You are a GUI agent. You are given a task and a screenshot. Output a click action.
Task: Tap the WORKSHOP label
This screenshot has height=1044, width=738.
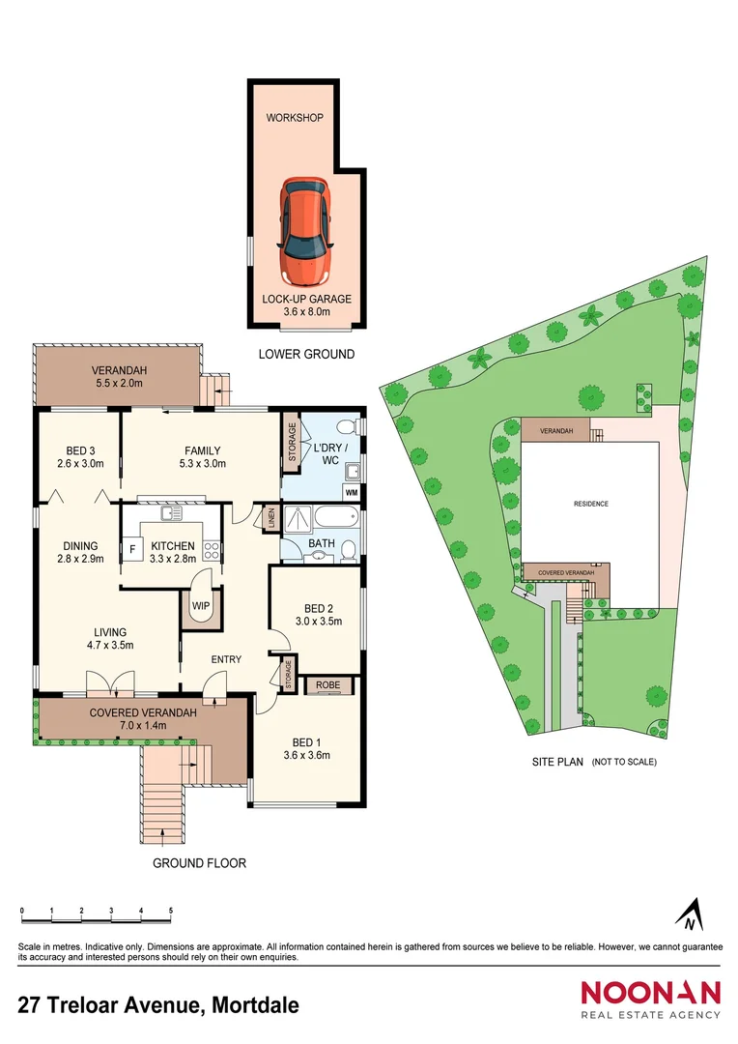[295, 119]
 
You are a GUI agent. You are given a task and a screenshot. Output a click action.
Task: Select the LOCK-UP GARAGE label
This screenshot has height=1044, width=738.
[307, 299]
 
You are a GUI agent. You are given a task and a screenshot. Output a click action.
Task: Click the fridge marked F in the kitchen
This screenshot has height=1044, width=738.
[132, 549]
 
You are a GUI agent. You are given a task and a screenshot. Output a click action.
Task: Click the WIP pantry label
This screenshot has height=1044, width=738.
[202, 606]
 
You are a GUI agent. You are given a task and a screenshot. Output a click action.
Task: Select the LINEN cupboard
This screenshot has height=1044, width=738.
[270, 519]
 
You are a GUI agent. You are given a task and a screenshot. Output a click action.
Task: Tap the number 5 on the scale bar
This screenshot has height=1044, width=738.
[171, 912]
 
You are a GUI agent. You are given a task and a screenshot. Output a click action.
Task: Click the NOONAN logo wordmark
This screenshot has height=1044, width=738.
[650, 993]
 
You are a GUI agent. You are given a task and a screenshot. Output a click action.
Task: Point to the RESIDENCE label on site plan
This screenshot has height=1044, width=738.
[591, 504]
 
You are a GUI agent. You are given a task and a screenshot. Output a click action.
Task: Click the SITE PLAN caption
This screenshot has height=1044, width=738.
[558, 762]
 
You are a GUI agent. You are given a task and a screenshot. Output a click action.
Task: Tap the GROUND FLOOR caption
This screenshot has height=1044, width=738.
[200, 863]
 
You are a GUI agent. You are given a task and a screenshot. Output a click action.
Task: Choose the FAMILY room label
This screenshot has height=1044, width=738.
[203, 450]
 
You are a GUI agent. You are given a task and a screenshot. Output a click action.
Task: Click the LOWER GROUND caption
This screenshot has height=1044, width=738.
[306, 355]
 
